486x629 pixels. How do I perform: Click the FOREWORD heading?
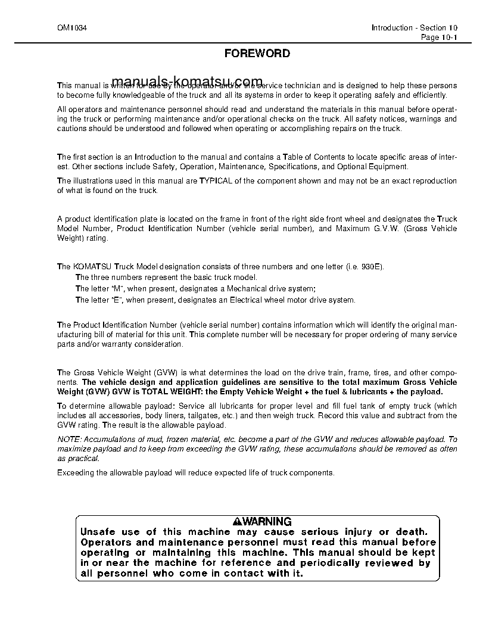click(257, 54)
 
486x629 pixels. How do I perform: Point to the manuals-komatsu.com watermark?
click(186, 82)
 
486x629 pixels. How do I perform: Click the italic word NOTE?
click(68, 438)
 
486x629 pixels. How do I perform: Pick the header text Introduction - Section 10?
click(415, 28)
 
